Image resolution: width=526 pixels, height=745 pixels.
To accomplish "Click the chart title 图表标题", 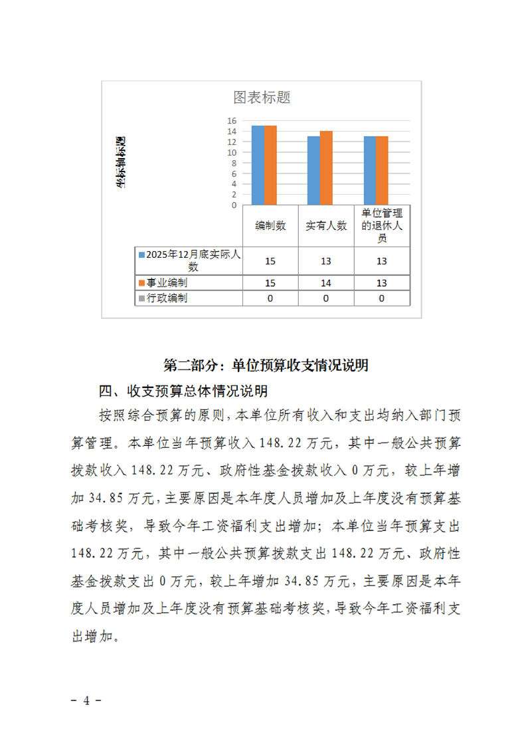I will point(262,98).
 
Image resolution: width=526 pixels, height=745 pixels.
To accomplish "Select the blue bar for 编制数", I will point(258,165).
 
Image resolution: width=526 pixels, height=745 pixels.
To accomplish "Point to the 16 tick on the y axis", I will point(232,121).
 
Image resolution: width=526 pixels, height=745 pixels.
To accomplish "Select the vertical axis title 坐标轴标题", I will point(121,163).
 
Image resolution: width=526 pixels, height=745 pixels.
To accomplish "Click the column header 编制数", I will point(270,226).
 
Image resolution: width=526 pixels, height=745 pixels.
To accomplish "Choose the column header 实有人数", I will point(326,226).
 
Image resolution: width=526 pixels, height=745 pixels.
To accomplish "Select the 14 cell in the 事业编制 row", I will point(326,282).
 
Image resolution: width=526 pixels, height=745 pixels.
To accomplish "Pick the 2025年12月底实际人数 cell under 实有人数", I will point(326,261).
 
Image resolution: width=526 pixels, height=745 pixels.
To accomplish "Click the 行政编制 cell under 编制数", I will point(270,298).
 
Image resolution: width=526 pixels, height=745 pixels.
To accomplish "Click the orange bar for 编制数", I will point(270,165).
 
